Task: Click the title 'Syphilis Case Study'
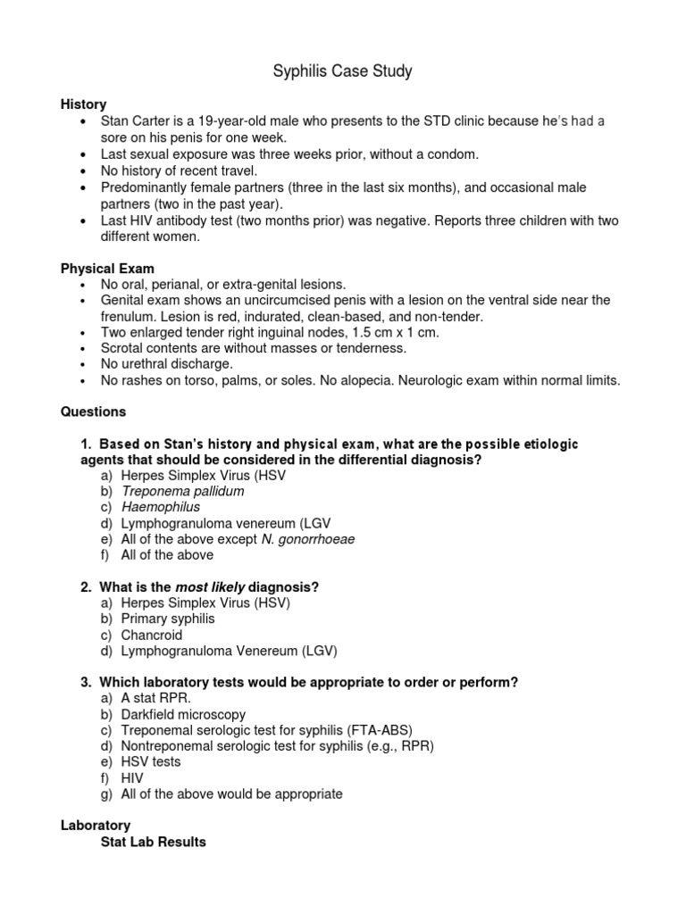click(342, 71)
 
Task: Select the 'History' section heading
click(83, 105)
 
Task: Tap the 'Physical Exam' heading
click(107, 268)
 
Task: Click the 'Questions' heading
click(93, 412)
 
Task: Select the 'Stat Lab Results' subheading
click(153, 842)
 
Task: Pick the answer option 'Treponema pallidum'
click(183, 491)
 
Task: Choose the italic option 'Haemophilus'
click(161, 507)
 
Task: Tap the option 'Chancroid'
click(152, 636)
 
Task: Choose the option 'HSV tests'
click(151, 761)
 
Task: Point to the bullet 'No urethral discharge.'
click(166, 364)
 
